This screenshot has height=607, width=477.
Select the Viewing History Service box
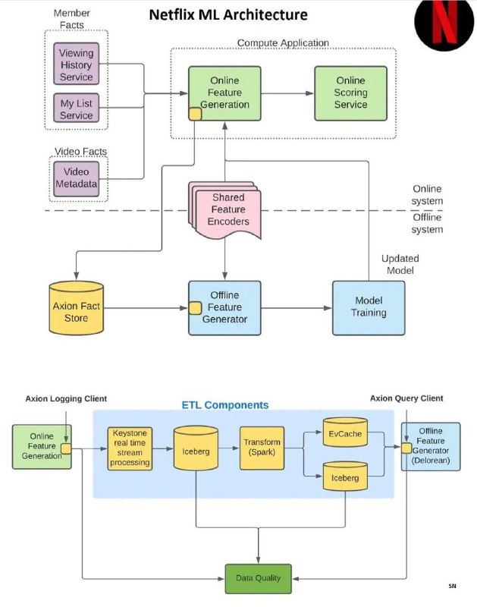tap(76, 64)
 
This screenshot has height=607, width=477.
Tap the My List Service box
tap(76, 108)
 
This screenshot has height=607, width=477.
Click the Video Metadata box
tap(76, 178)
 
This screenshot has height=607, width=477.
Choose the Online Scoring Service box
tap(350, 93)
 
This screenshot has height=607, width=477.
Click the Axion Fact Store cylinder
tap(76, 308)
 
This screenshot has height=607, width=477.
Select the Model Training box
tap(369, 308)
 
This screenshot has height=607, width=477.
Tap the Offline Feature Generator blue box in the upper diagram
tap(224, 308)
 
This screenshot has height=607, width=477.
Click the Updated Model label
tap(400, 264)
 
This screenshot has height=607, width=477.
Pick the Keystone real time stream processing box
tap(130, 448)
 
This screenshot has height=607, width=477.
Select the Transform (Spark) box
tap(262, 448)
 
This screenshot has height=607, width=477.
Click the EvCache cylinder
tap(345, 432)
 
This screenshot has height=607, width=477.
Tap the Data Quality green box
tap(258, 579)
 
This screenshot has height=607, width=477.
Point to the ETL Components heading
tap(225, 405)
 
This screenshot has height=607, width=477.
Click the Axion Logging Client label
tap(66, 399)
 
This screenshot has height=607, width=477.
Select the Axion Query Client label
tap(406, 398)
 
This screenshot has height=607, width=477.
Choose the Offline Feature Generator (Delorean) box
tap(431, 446)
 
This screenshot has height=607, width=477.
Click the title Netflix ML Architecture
tap(228, 15)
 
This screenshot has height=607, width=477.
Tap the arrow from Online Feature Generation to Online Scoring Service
tap(287, 93)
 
